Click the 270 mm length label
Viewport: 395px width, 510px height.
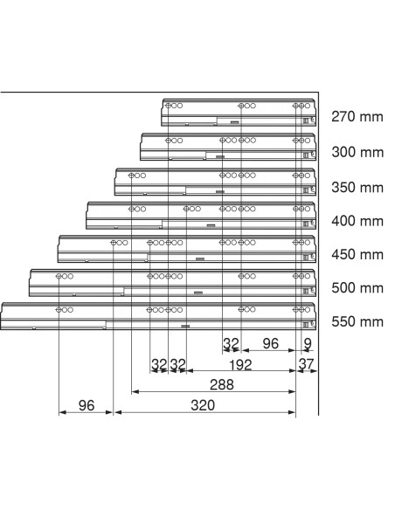tap(357, 116)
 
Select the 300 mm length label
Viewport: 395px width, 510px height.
tap(357, 152)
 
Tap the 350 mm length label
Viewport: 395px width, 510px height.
tap(357, 188)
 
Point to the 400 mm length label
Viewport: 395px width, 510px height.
tap(357, 221)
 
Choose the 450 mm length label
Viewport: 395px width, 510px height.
tap(357, 254)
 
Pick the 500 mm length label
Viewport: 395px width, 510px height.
tap(357, 288)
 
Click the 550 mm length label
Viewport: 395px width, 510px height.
tap(357, 321)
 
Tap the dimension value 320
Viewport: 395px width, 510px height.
tap(203, 405)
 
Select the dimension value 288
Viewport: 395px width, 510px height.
tap(222, 385)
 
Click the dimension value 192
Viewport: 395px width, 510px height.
tap(240, 365)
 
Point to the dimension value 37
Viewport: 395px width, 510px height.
tap(306, 364)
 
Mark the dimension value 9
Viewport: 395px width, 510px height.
tap(308, 343)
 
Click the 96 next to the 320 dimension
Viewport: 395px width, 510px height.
tap(87, 405)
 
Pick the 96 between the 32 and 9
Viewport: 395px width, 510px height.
tap(271, 343)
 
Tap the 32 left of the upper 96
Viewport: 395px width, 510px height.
tap(231, 343)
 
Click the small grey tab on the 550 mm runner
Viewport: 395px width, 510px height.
tap(185, 326)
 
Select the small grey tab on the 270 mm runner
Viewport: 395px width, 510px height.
tap(234, 122)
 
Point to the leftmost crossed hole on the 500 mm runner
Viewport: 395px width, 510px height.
tap(59, 276)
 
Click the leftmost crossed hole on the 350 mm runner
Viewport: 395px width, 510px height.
tap(131, 176)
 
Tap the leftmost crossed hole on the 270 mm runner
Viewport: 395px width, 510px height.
tap(168, 106)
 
